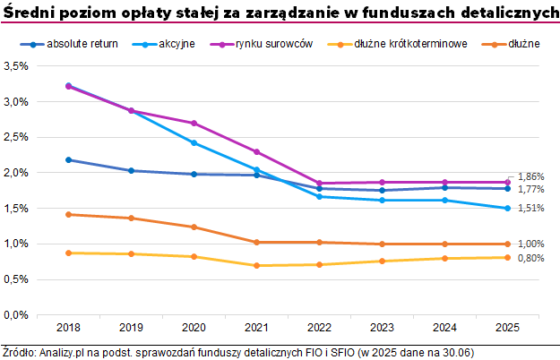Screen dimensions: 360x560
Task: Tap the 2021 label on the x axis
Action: pos(256,328)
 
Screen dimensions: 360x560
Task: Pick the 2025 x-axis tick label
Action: pos(508,328)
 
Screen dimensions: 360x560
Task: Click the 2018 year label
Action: pos(68,328)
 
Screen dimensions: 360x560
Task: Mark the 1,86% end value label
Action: pos(531,176)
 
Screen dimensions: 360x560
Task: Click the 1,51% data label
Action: pos(531,209)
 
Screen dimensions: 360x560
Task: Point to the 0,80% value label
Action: pos(531,259)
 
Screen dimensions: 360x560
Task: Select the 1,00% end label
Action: pos(531,244)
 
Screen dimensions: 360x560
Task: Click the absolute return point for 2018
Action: pos(68,160)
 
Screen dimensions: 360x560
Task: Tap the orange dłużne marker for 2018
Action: pos(68,214)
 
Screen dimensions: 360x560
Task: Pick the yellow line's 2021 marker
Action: pos(256,265)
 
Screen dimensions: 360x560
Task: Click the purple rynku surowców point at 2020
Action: pos(194,124)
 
